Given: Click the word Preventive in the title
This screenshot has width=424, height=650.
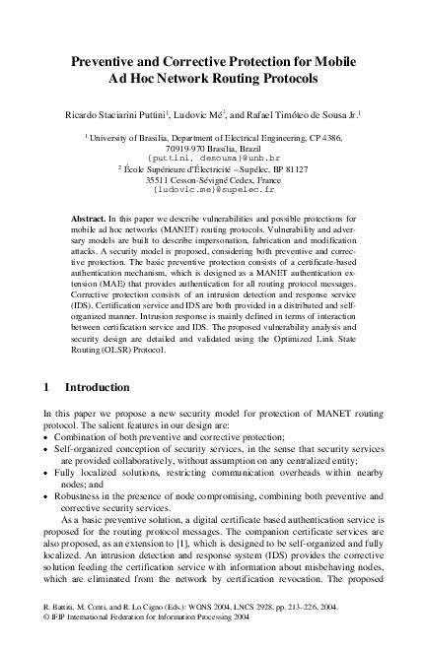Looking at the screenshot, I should [103, 60].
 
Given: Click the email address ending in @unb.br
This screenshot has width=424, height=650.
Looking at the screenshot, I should [211, 158].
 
